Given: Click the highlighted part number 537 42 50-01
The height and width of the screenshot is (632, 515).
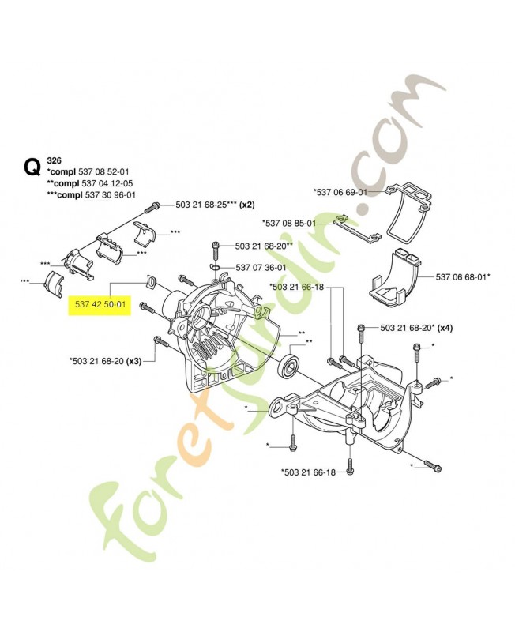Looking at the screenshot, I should coord(100,305).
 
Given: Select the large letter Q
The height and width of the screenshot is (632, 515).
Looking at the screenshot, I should coord(32,167).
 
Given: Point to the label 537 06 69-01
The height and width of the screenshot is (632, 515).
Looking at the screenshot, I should coord(340,192).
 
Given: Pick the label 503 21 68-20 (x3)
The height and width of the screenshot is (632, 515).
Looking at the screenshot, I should coord(105,362).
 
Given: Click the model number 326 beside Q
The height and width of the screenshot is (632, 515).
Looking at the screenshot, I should coord(55,160).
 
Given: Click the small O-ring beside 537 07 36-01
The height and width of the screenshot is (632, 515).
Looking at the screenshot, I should coord(216,268).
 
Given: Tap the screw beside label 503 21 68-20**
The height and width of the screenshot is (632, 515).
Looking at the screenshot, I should coord(215,248).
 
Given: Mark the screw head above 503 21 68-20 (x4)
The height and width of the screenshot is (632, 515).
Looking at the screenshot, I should coord(360,328).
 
